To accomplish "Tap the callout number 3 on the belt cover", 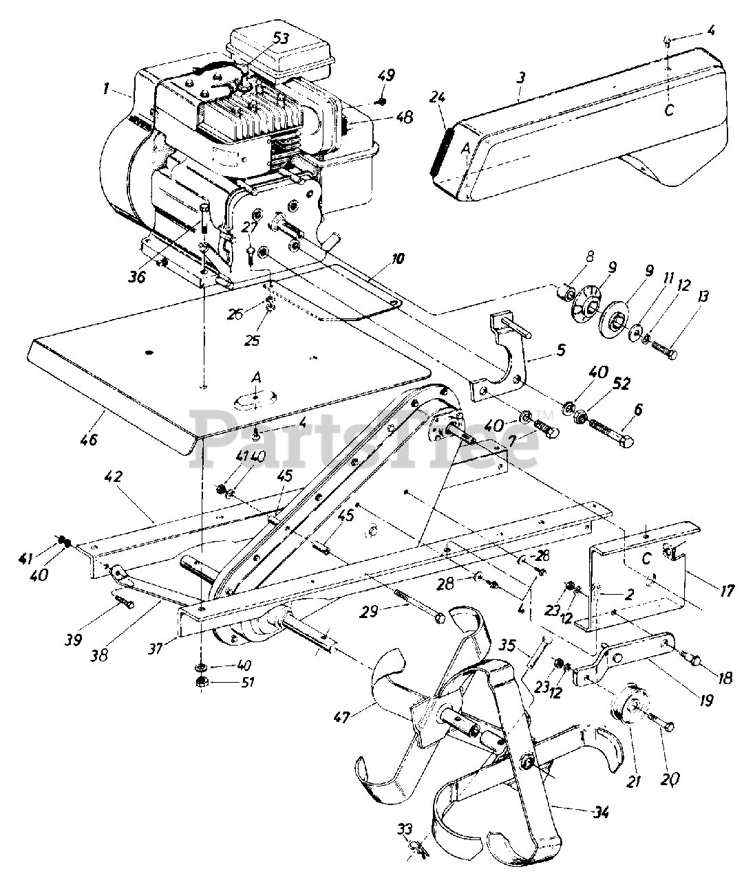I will [521, 78].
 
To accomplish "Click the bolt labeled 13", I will [663, 353].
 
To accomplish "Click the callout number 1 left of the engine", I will [107, 87].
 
